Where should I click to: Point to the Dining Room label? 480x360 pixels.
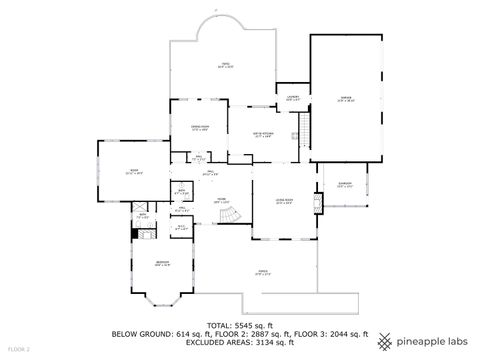coord(200,127)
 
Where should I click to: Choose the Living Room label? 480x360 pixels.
coord(284,202)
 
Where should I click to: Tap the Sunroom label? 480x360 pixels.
coord(345,185)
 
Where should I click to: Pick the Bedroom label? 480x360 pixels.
coord(161,264)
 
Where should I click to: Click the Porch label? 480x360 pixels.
coord(263,272)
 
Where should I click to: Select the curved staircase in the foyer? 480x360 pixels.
coord(231,215)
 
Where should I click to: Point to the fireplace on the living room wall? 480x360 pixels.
coord(318,204)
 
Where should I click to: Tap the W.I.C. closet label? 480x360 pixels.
coord(181,228)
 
